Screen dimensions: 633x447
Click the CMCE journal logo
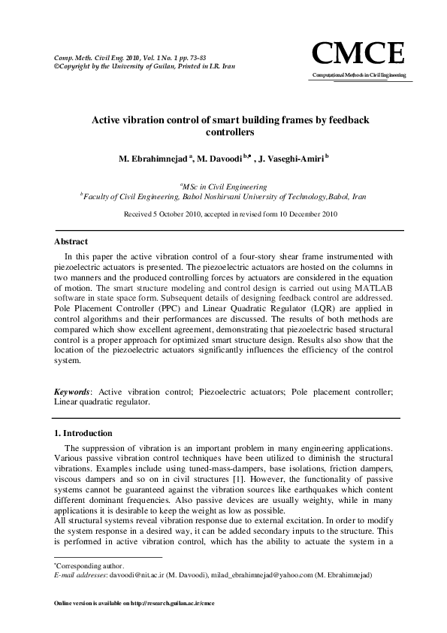pyautogui.click(x=358, y=54)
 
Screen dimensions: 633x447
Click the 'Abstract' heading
pyautogui.click(x=71, y=241)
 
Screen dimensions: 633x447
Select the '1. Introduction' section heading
pyautogui.click(x=83, y=433)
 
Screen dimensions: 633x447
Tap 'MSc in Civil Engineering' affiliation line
pyautogui.click(x=223, y=185)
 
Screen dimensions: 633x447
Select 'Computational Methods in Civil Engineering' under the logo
pyautogui.click(x=358, y=76)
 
